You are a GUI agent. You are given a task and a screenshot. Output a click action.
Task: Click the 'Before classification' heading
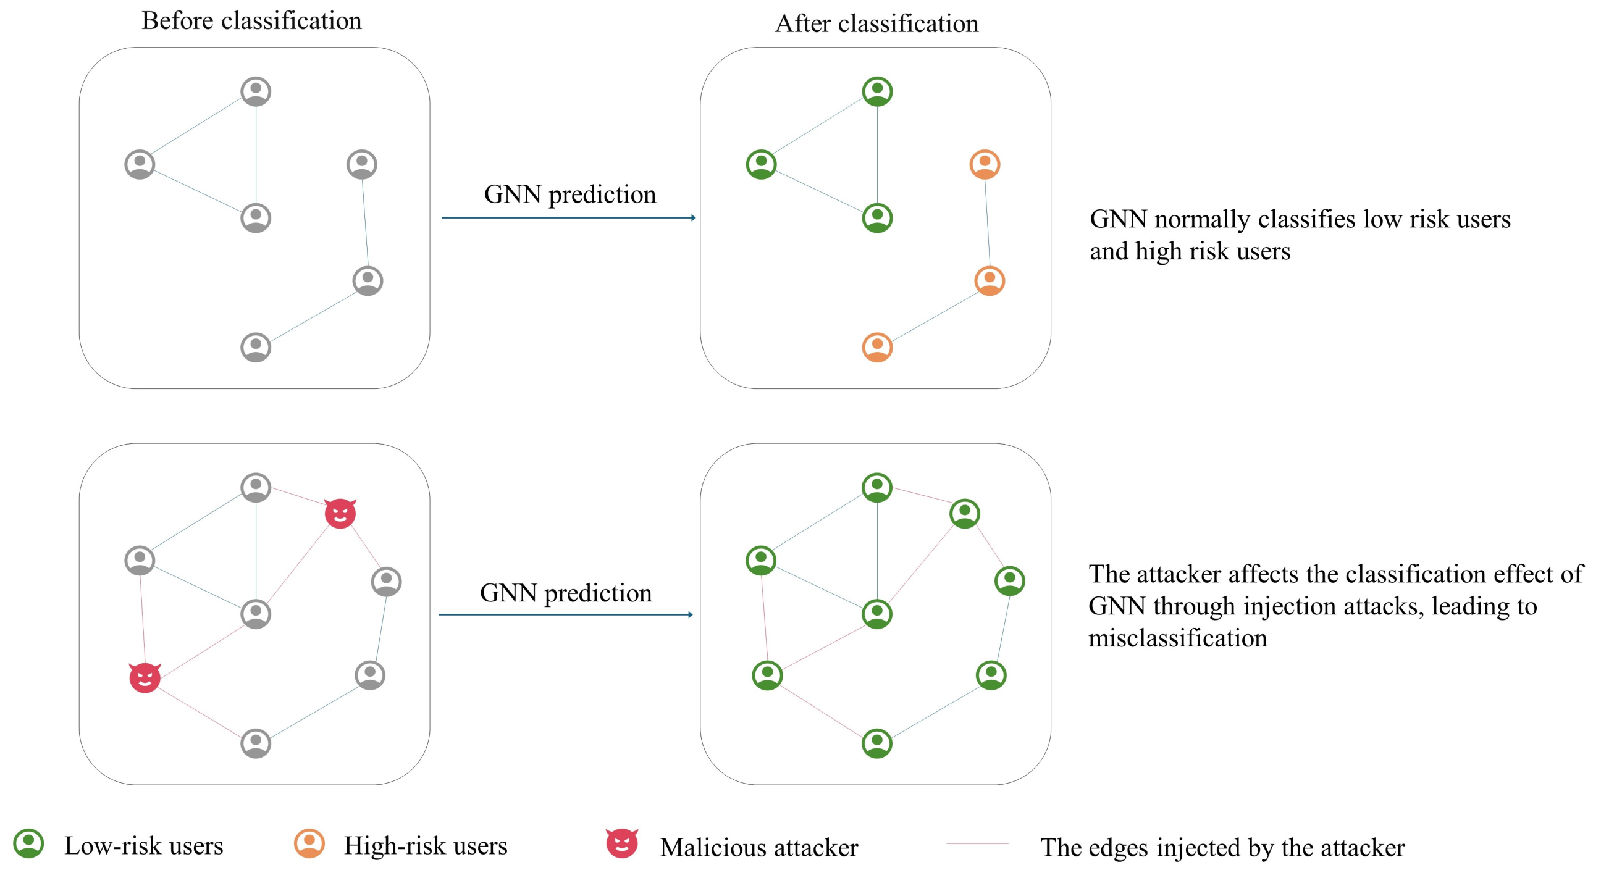(251, 21)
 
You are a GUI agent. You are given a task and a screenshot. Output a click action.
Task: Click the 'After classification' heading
(876, 24)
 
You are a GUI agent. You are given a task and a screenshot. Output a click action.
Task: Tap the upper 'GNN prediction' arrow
(568, 217)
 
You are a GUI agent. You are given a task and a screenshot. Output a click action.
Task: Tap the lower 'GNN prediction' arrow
(565, 614)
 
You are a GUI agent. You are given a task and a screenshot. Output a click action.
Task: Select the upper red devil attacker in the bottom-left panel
(340, 513)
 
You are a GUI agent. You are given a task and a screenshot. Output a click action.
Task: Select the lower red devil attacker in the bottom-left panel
(145, 677)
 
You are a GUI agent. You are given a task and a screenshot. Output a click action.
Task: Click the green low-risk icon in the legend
(28, 843)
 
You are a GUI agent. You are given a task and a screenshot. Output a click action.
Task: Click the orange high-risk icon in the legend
(309, 843)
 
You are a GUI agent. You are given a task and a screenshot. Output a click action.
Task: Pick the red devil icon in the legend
(621, 843)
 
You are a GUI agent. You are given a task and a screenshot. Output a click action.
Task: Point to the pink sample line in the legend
(977, 844)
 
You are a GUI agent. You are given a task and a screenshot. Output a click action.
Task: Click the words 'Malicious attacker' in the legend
(758, 848)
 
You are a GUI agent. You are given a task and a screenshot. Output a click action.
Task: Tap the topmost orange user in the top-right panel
(985, 164)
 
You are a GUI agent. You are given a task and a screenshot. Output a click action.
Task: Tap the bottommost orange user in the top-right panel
(877, 347)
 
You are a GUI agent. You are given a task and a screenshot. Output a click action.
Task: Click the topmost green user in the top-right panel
(877, 91)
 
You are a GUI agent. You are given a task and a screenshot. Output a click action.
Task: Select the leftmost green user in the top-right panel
(761, 164)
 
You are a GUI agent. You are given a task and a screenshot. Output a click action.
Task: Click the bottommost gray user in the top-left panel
(256, 347)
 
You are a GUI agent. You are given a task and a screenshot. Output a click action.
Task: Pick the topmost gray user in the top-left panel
(256, 91)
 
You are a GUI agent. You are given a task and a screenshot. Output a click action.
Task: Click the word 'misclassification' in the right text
(1177, 638)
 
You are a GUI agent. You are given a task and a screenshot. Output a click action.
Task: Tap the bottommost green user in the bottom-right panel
(877, 743)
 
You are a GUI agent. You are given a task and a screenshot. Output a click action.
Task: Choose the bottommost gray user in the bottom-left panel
(256, 743)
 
